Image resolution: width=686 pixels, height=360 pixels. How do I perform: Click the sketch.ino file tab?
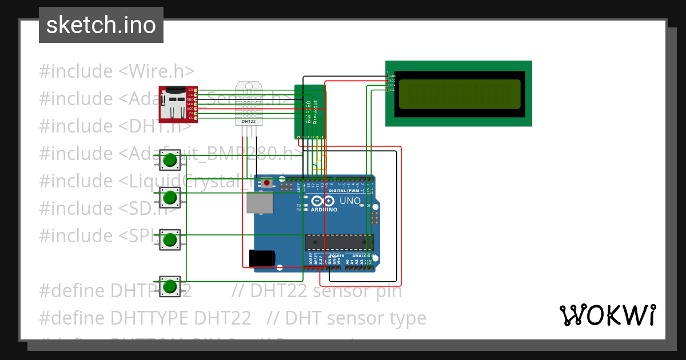point(101,25)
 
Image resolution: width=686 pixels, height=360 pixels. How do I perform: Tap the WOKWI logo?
point(607,315)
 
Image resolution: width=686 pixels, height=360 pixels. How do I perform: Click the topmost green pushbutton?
point(169,161)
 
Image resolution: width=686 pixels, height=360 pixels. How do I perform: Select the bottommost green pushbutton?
point(169,286)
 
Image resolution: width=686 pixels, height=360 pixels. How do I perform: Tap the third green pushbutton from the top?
point(169,239)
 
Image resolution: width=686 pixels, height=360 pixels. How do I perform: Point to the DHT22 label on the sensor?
point(249,122)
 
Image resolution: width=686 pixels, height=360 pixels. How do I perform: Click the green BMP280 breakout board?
point(310,112)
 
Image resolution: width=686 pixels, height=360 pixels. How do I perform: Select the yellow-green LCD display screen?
point(460,94)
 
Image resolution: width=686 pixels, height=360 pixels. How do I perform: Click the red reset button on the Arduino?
point(266,183)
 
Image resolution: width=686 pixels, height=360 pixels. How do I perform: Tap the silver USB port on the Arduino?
point(260,203)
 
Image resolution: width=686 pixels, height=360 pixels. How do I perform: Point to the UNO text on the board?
point(350,201)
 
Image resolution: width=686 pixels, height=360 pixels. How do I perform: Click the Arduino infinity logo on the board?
point(323,201)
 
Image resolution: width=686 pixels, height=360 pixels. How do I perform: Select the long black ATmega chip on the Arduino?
point(339,242)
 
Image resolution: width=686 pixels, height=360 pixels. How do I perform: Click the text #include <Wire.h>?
point(117,71)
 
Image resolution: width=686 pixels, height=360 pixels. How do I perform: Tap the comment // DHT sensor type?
point(346,318)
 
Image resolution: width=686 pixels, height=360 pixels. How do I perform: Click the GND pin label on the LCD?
point(393,76)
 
